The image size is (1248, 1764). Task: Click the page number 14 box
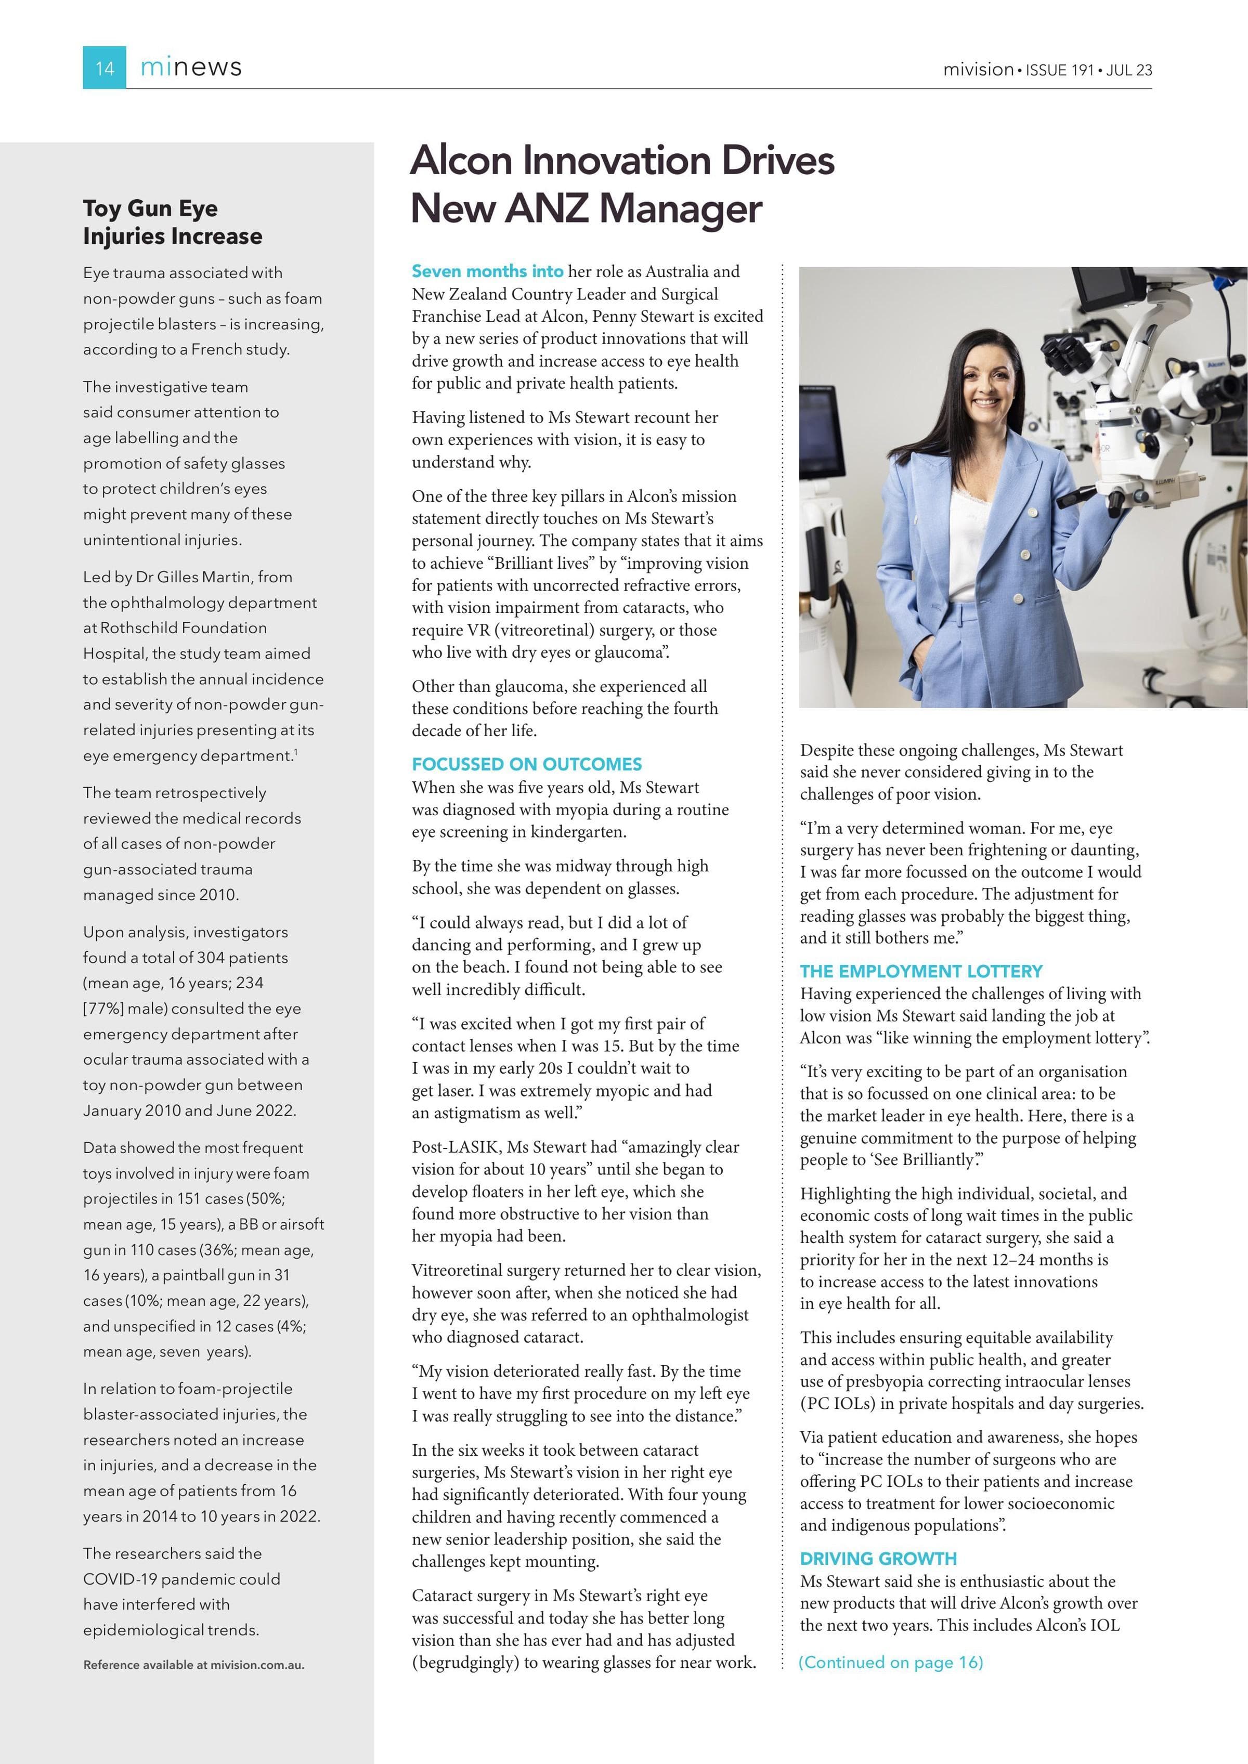click(104, 68)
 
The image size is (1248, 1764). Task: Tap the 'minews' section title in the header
click(191, 68)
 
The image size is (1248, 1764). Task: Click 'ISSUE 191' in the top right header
click(1059, 70)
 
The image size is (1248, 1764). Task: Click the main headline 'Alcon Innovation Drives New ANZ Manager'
click(622, 185)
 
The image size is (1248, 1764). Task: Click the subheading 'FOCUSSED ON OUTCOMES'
click(526, 764)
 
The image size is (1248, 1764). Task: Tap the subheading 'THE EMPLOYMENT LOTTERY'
click(920, 971)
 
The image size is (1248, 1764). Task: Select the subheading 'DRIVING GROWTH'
click(878, 1559)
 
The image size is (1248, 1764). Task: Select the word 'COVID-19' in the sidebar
click(118, 1579)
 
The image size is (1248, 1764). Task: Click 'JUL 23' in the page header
click(1129, 70)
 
